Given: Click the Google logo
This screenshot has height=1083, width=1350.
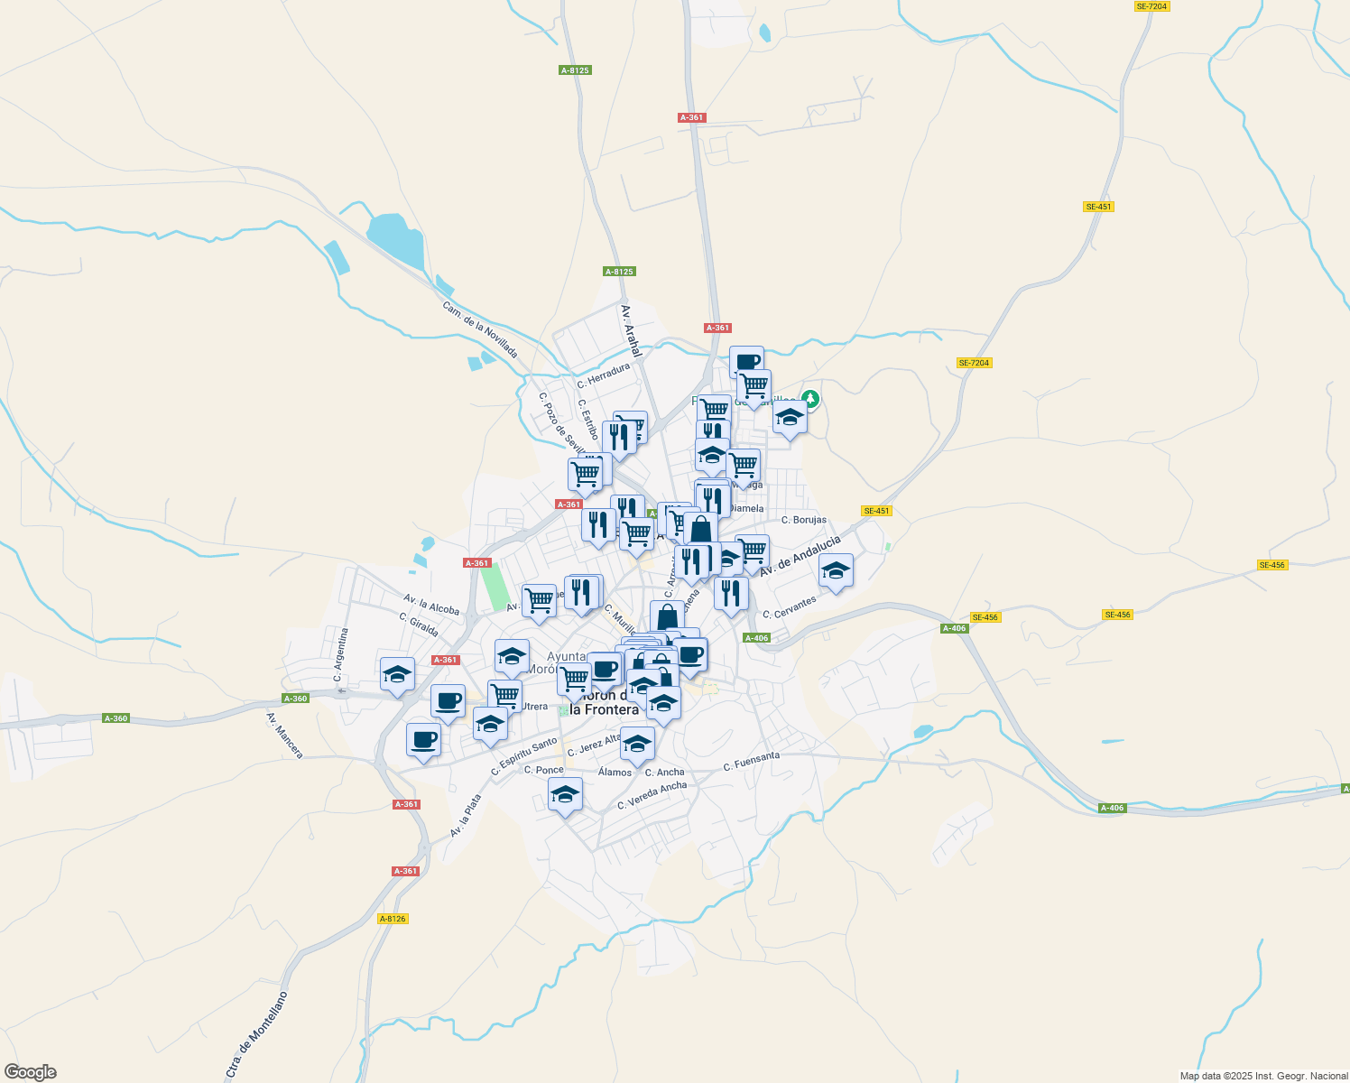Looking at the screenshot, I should pos(31,1072).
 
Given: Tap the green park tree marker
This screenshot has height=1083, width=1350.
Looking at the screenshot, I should pos(810,398).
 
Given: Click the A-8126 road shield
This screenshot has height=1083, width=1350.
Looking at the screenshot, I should pos(393,919).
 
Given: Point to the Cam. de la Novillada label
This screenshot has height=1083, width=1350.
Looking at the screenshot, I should pos(479,329).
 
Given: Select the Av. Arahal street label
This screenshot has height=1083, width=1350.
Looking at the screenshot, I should pos(631,330).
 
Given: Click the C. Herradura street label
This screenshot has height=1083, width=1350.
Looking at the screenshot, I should pos(604,375).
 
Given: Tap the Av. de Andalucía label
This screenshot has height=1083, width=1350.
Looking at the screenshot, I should pos(800,555).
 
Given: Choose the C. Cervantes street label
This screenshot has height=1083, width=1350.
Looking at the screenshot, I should pos(789,607).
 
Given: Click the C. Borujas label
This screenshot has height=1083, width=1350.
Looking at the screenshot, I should pos(804,520).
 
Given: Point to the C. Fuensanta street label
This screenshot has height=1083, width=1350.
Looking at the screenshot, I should pos(752,762).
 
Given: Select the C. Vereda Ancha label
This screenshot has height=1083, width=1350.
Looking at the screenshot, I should pos(652,795).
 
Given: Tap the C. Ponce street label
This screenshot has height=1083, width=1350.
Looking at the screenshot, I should pos(544,770).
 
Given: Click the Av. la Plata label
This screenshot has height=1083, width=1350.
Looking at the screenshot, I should pos(466,815).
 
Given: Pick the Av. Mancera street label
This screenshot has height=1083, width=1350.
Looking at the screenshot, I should pos(284,735).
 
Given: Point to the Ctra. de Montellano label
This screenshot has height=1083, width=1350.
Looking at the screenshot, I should pos(258,1034).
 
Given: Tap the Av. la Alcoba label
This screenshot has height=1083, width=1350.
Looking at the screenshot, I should pos(431,604).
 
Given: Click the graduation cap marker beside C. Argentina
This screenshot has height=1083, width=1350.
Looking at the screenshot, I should pos(397,673).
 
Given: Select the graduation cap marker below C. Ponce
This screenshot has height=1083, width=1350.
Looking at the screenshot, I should pos(565,794).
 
